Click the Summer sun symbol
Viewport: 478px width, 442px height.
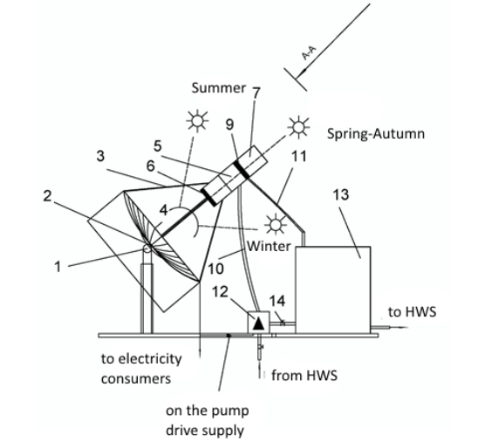coord(197,121)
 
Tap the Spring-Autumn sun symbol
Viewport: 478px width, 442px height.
coord(298,126)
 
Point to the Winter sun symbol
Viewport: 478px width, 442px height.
coord(276,225)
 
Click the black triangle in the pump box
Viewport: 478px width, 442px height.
coord(259,323)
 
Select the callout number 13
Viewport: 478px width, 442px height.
coord(340,194)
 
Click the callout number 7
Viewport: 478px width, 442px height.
coord(256,92)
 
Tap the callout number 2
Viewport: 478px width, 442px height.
coord(47,196)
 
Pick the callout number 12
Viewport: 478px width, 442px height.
coord(220,292)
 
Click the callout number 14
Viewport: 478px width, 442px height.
coord(277,301)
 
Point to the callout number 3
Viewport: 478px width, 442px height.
coord(100,156)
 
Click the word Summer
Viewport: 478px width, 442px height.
coord(219,88)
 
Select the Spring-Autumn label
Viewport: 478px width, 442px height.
coord(376,134)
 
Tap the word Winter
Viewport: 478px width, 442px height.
coord(269,246)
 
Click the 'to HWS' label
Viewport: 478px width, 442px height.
coord(413,312)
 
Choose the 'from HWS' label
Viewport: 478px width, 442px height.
coord(304,375)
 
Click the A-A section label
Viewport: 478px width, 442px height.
coord(309,53)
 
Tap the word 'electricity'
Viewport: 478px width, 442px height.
coord(150,359)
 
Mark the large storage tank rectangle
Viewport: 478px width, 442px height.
coord(333,289)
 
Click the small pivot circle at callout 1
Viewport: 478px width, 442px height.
coord(147,248)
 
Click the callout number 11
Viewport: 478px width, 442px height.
coord(298,157)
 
